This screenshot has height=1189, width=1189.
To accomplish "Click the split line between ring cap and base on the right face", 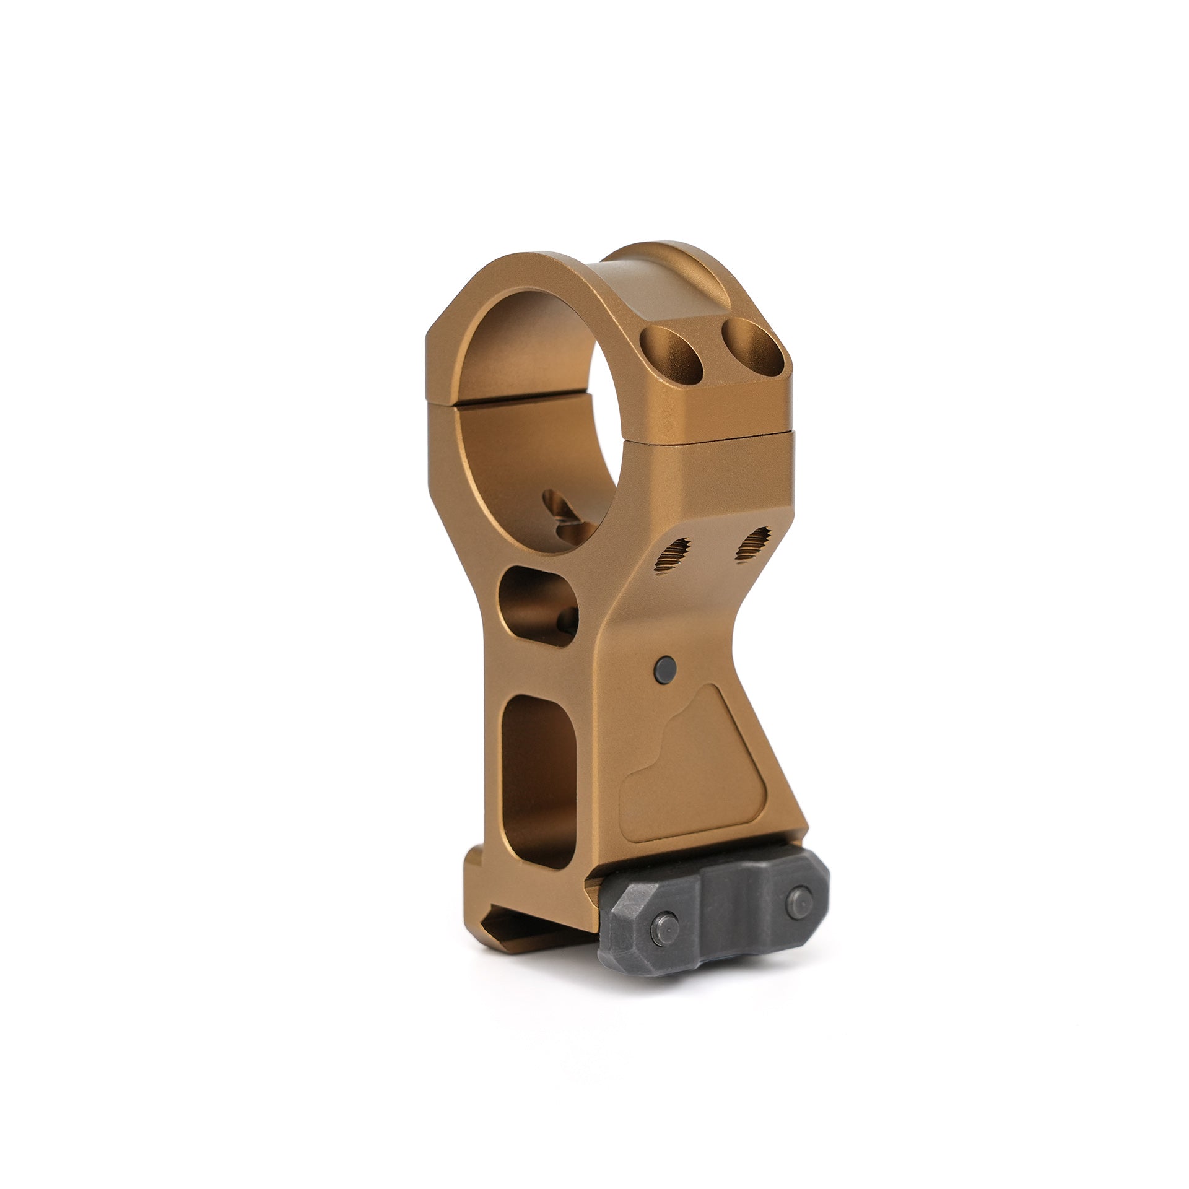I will pos(712,438).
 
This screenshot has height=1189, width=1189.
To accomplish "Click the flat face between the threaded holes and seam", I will pos(712,489).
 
